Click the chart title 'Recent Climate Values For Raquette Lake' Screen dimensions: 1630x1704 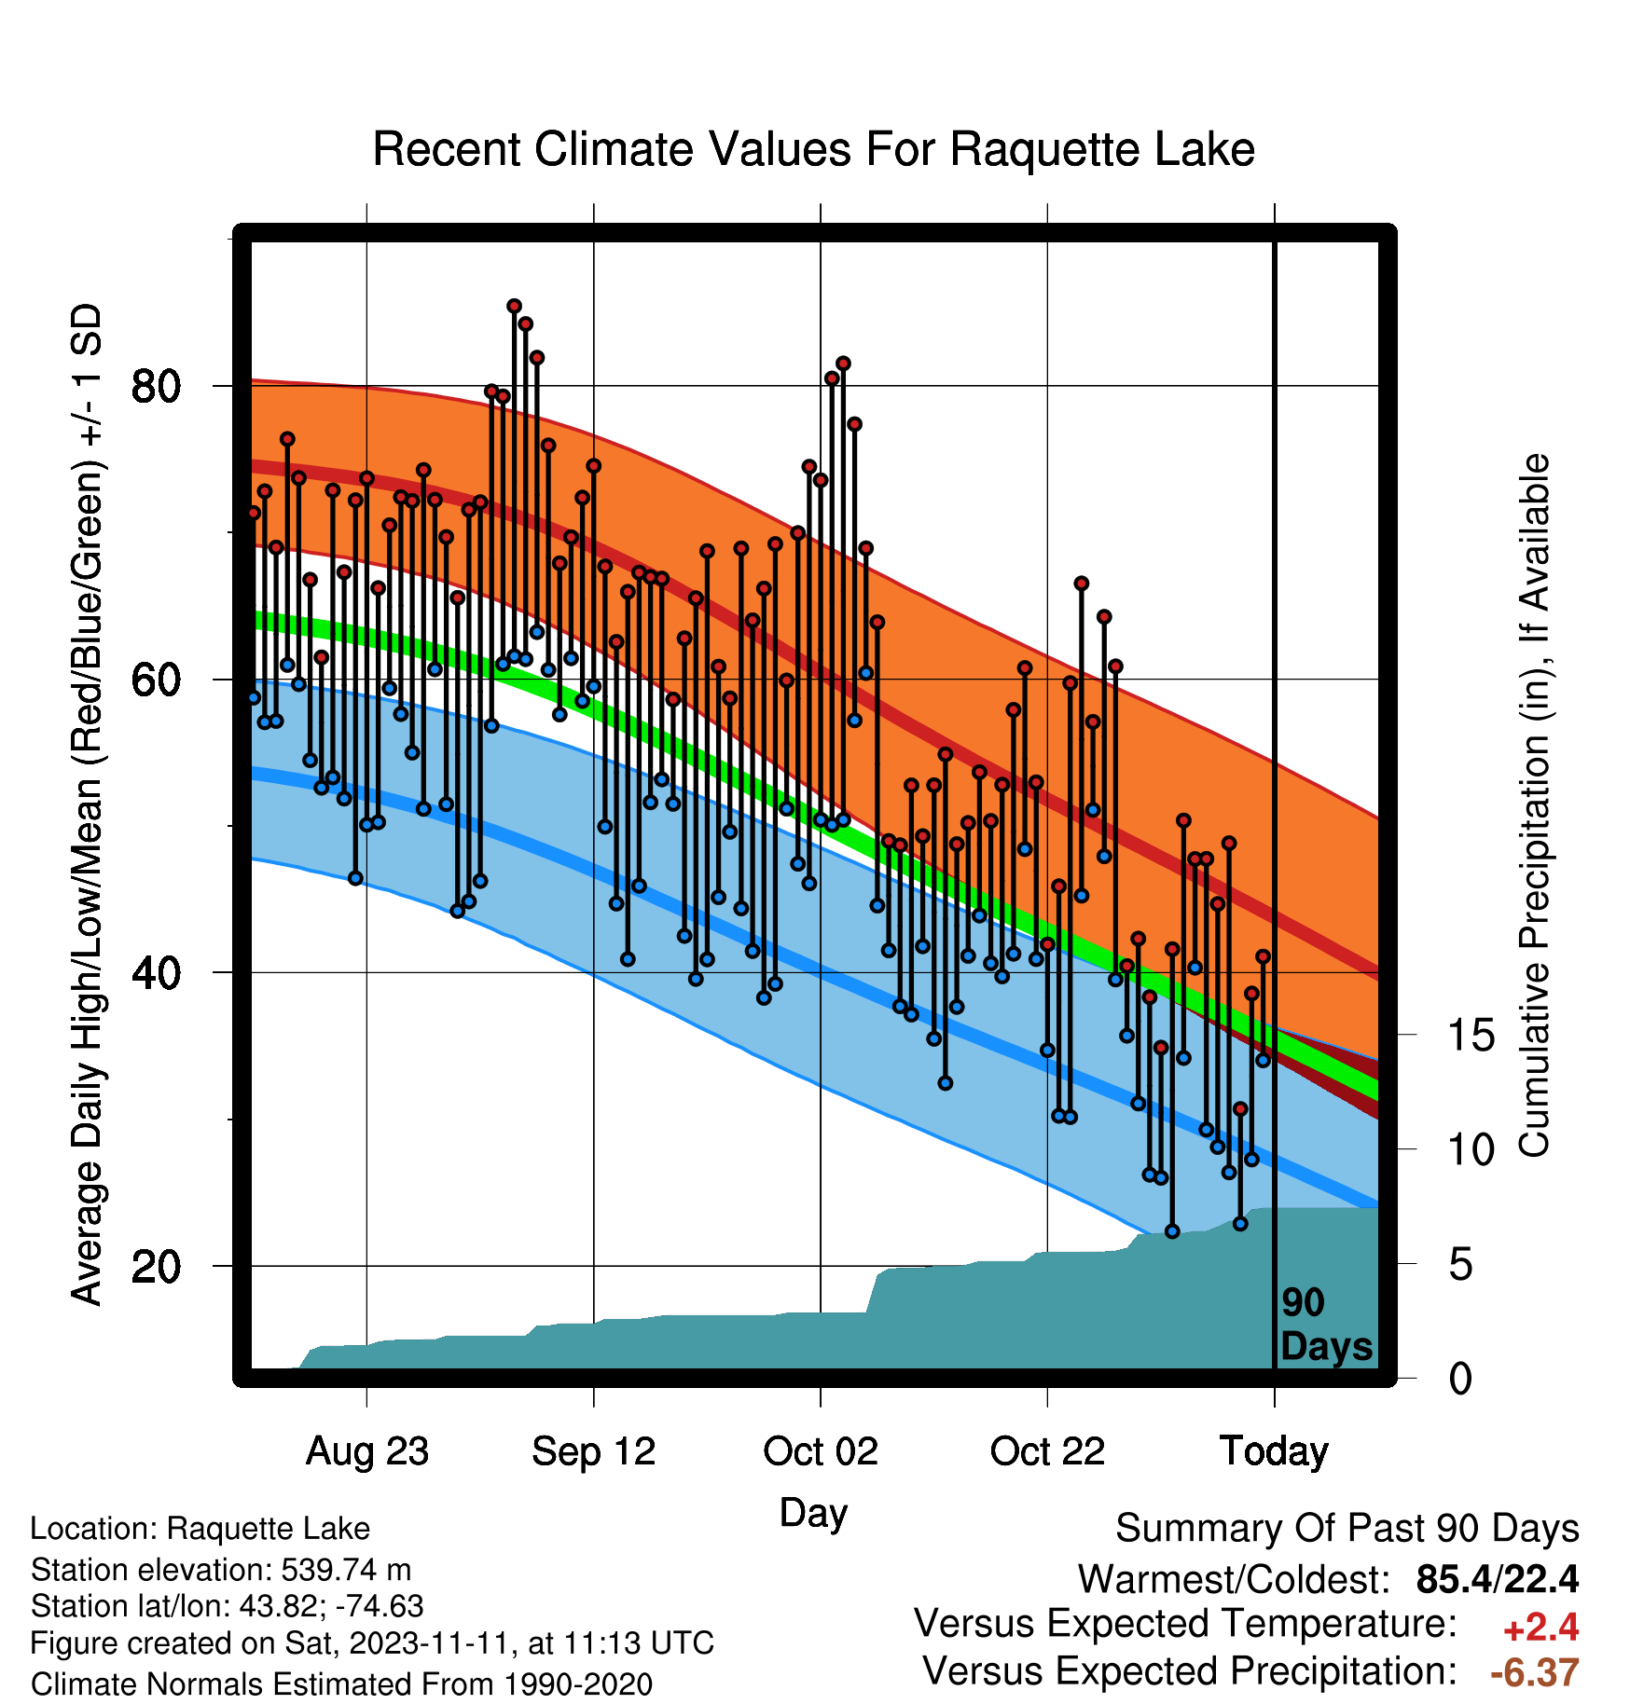pos(813,150)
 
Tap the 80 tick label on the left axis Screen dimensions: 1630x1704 pos(157,386)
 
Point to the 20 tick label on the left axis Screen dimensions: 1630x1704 pos(157,1266)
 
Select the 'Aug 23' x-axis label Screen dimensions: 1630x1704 pos(367,1451)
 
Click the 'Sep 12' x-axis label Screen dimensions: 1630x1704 pos(594,1451)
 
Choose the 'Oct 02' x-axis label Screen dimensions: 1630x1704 pos(821,1451)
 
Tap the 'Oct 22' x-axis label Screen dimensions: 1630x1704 pos(1047,1451)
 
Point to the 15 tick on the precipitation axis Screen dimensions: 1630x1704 pos(1471,1035)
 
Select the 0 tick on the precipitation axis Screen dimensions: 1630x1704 pos(1460,1379)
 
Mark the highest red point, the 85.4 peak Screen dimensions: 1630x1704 pos(514,306)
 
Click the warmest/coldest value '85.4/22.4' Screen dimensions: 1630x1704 pos(1498,1579)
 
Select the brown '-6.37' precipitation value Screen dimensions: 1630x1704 pos(1535,1672)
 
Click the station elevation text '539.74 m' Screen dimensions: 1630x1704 pos(346,1570)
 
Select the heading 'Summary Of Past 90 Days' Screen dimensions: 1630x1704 pos(1347,1529)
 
